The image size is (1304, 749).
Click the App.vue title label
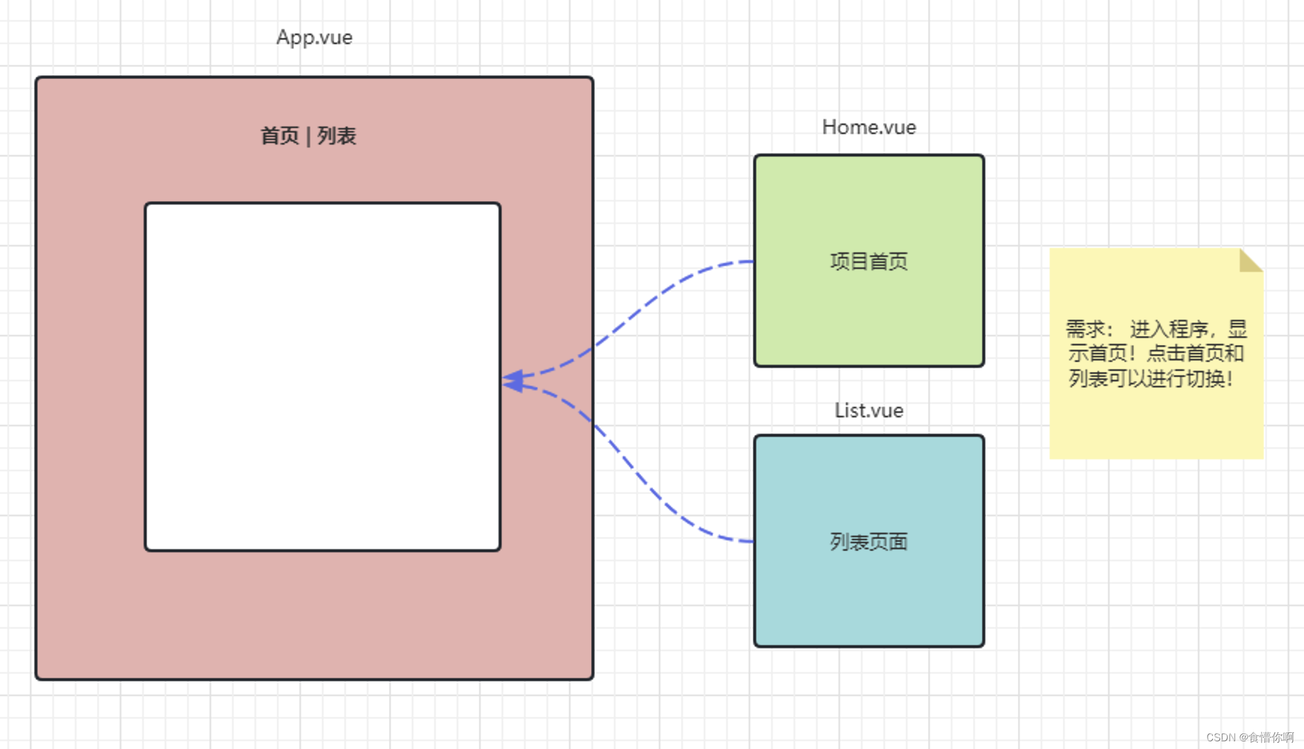click(314, 37)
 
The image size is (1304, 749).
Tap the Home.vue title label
click(869, 127)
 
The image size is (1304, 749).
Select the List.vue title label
click(869, 410)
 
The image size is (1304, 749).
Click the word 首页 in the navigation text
click(280, 136)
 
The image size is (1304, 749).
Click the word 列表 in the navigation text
click(337, 136)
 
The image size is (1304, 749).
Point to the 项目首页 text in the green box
click(869, 261)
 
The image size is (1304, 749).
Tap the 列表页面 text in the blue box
click(869, 542)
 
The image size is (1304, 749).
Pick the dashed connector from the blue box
click(642, 475)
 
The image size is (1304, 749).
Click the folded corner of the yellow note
click(1250, 260)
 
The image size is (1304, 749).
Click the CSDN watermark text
click(1249, 737)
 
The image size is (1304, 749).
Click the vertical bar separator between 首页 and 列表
click(309, 136)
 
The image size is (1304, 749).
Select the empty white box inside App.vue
click(323, 377)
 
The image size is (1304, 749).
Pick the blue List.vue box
click(869, 597)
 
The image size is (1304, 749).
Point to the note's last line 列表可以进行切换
click(1150, 378)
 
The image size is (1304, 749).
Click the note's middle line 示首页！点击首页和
click(1156, 353)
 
